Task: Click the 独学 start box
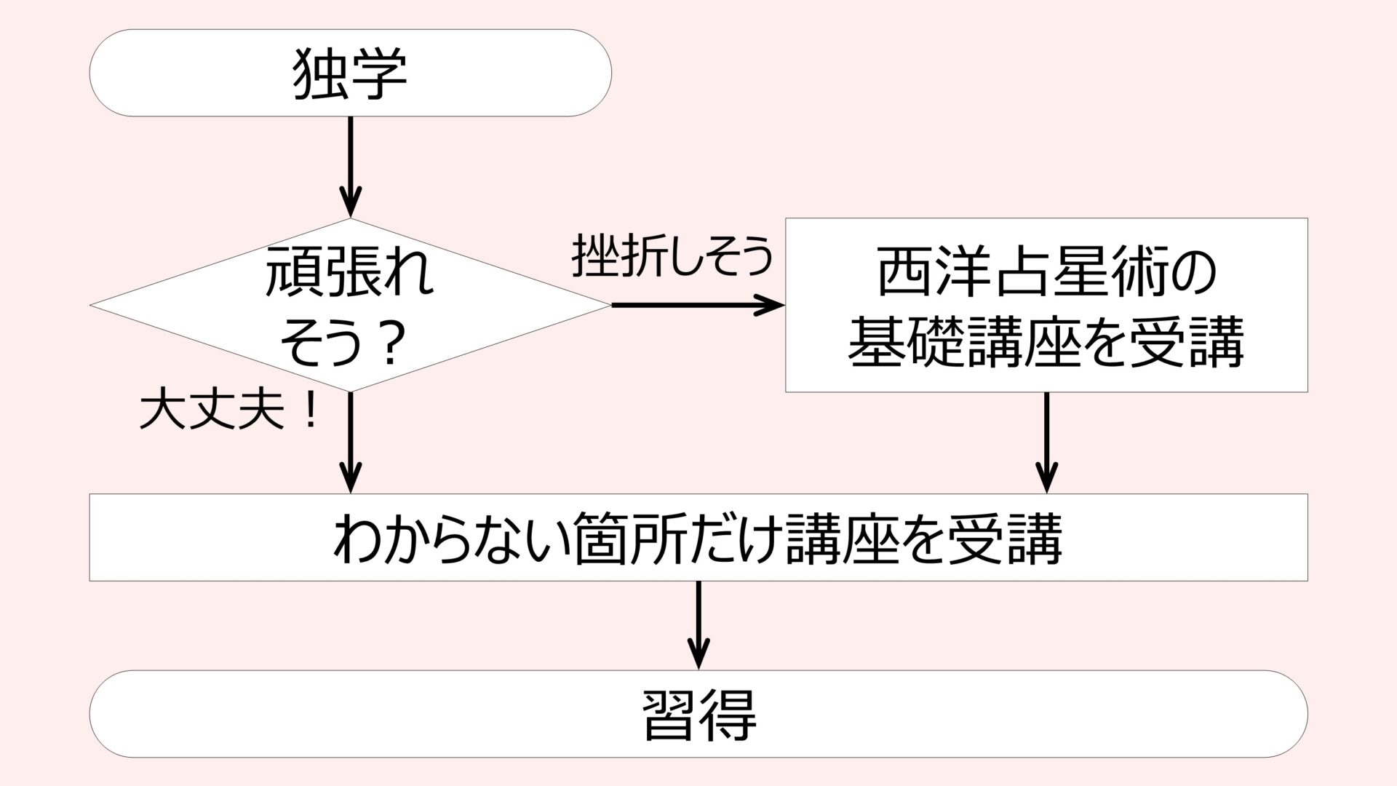click(x=350, y=73)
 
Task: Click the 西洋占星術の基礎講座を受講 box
click(x=1046, y=306)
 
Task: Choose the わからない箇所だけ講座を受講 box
click(x=698, y=538)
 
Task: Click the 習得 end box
click(x=698, y=714)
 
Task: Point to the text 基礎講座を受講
click(x=1046, y=341)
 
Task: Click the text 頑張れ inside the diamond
click(x=350, y=273)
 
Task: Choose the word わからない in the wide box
click(x=450, y=539)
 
